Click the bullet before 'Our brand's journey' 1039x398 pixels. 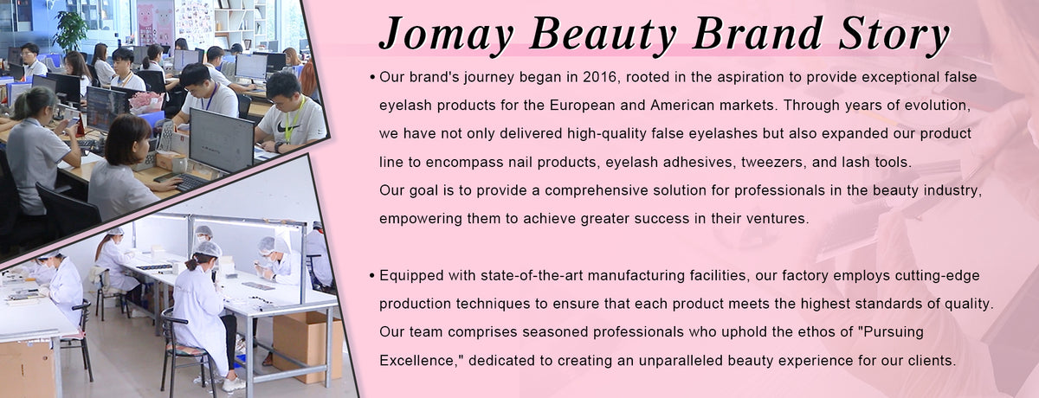(x=371, y=78)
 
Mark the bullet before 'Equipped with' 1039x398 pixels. (x=371, y=276)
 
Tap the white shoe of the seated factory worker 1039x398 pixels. (x=233, y=383)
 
